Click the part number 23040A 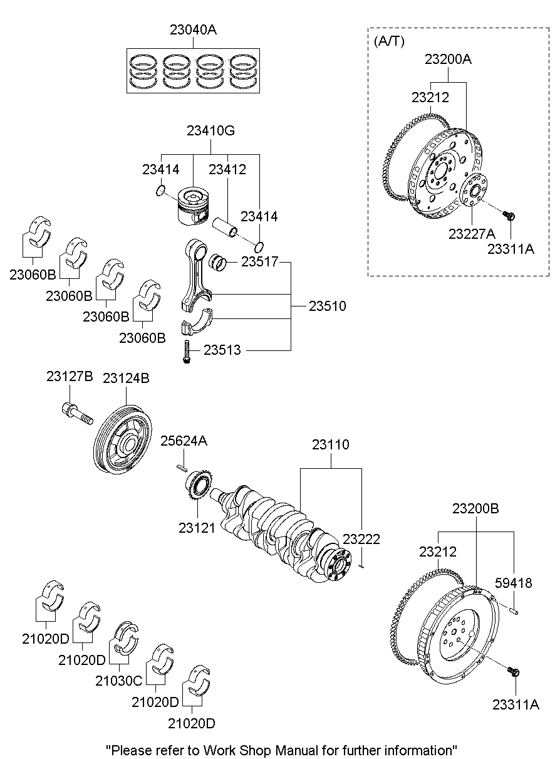[x=193, y=29]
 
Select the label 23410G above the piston [x=210, y=131]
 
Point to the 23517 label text [x=259, y=262]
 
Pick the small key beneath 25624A [x=181, y=466]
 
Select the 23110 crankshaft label [x=330, y=444]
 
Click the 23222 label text [x=361, y=538]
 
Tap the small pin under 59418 [x=514, y=607]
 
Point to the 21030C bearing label [x=118, y=680]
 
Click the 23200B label [x=475, y=509]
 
